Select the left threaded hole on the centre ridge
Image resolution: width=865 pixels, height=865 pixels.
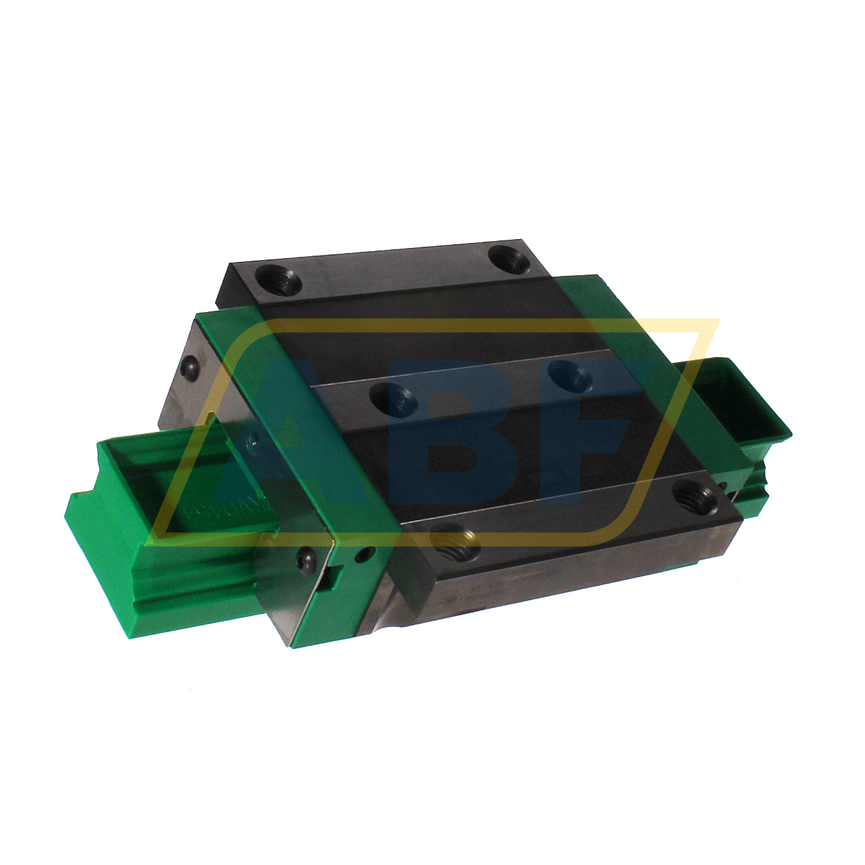(395, 401)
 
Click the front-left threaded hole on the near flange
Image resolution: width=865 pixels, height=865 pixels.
(455, 543)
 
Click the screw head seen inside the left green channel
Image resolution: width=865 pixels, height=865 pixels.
(252, 438)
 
